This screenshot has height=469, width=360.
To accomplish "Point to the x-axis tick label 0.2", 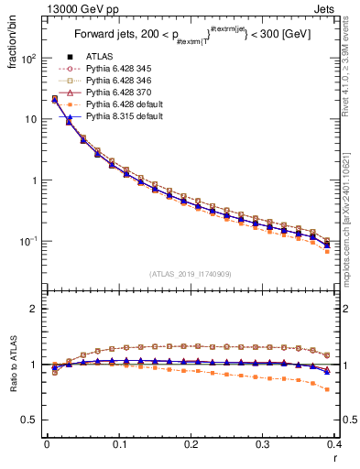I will [x=191, y=443].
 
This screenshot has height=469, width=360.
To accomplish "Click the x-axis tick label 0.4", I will [x=334, y=443].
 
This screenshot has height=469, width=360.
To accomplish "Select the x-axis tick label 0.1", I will [x=119, y=443].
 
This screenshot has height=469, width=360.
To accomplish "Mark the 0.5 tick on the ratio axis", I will [x=30, y=420].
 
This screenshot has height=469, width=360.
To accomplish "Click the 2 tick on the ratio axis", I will [x=34, y=309].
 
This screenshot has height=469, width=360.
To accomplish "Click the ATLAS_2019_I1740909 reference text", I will [x=191, y=275].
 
